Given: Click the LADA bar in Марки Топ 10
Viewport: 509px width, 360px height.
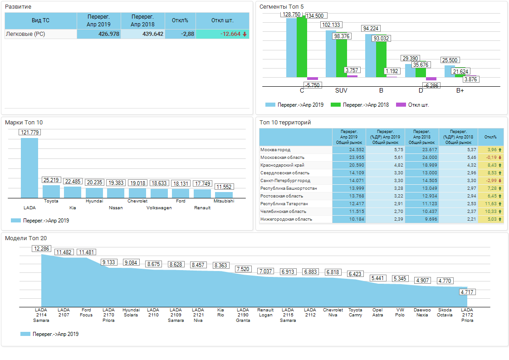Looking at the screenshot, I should pyautogui.click(x=29, y=168).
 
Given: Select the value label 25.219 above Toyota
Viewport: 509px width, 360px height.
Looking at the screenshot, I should pyautogui.click(x=51, y=180).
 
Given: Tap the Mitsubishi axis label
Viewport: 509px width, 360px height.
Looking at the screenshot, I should pyautogui.click(x=224, y=201).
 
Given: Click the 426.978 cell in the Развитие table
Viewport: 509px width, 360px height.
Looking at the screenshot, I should pyautogui.click(x=99, y=34).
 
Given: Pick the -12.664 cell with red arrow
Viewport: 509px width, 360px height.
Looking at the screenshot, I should pyautogui.click(x=222, y=34).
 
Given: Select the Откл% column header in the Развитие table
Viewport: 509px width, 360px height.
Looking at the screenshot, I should pyautogui.click(x=180, y=20).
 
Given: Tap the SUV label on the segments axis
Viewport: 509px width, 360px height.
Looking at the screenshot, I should pyautogui.click(x=341, y=90).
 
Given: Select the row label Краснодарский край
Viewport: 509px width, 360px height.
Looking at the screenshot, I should pyautogui.click(x=282, y=165).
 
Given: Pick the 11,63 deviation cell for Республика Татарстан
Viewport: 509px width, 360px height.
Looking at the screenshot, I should pyautogui.click(x=490, y=204).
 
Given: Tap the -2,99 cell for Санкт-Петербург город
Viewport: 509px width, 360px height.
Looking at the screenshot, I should pyautogui.click(x=490, y=181).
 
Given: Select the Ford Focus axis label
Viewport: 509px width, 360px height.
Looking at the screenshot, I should pyautogui.click(x=86, y=312).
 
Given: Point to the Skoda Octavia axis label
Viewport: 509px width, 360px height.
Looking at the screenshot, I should pyautogui.click(x=445, y=312).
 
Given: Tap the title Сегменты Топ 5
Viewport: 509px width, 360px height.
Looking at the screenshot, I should pyautogui.click(x=281, y=7).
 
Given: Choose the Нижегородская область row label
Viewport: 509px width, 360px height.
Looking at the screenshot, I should pyautogui.click(x=286, y=219).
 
